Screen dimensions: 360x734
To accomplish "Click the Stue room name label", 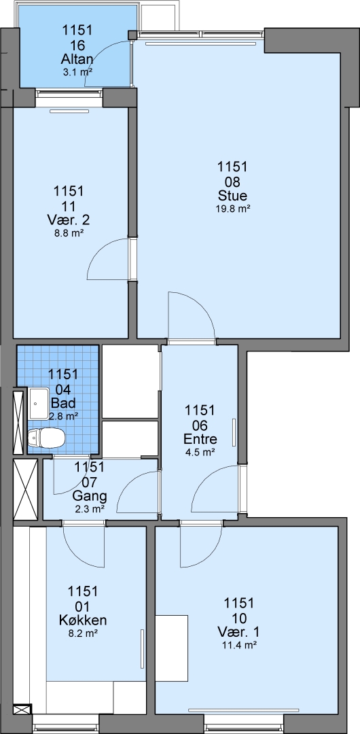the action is tap(232, 195).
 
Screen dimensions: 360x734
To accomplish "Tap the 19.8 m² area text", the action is tap(232, 209).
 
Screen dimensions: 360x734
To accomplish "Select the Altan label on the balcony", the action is tap(77, 59).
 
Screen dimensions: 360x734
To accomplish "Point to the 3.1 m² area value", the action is tap(77, 72).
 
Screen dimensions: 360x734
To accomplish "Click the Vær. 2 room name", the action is tap(69, 220).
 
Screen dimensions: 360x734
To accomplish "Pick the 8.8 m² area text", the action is tap(69, 232).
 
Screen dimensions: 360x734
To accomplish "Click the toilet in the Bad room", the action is tap(46, 438).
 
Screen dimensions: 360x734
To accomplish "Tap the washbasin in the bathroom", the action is tap(40, 404).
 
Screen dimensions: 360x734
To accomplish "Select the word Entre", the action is tap(200, 439).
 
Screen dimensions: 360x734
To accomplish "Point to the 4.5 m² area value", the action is tap(200, 452).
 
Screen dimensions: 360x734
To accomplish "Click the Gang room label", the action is tap(90, 495).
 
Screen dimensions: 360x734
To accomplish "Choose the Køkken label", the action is tap(83, 621).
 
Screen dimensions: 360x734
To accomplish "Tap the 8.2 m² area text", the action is tap(83, 633).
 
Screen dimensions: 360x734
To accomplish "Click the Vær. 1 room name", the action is tap(238, 632).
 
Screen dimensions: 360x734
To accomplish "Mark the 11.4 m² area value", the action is tap(238, 645).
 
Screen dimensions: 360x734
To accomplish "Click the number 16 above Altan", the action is tap(77, 45).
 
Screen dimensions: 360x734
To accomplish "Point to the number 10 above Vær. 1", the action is tap(238, 618).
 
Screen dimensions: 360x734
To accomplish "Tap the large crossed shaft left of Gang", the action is tap(25, 489).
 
